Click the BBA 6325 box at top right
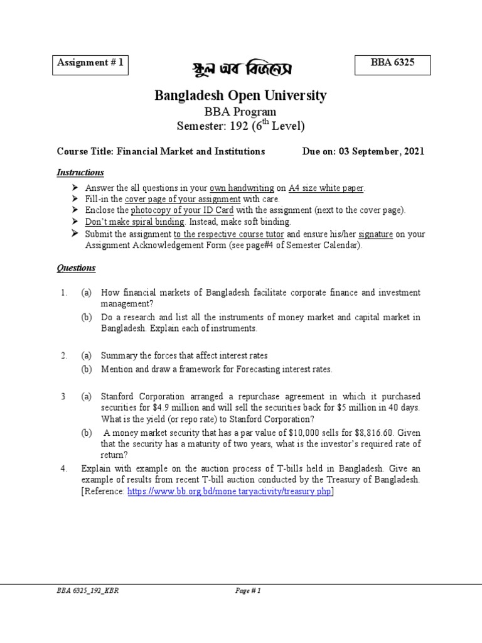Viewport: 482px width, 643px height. (393, 65)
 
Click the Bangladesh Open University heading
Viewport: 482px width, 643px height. (241, 95)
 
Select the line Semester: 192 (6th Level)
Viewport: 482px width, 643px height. (241, 126)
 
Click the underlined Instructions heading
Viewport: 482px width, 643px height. (80, 172)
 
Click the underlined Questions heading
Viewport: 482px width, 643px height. (77, 268)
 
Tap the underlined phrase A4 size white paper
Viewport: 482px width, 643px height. (326, 188)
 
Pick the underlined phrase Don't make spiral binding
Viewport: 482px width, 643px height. (135, 222)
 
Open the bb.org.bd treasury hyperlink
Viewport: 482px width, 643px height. (229, 492)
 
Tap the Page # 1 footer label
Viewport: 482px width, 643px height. (246, 591)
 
